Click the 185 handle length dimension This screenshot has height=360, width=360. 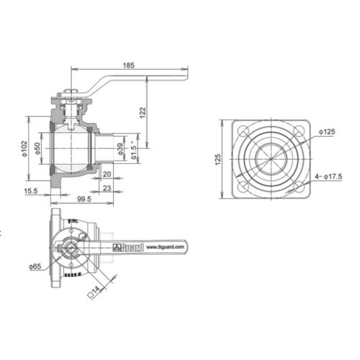(129, 66)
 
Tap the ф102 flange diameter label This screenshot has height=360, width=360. (24, 148)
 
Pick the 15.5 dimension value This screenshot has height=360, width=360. (32, 190)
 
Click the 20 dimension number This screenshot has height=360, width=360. (106, 174)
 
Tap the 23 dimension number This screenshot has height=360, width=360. (106, 189)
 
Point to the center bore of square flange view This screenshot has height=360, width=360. (271, 161)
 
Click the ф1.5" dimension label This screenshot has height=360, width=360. (134, 153)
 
